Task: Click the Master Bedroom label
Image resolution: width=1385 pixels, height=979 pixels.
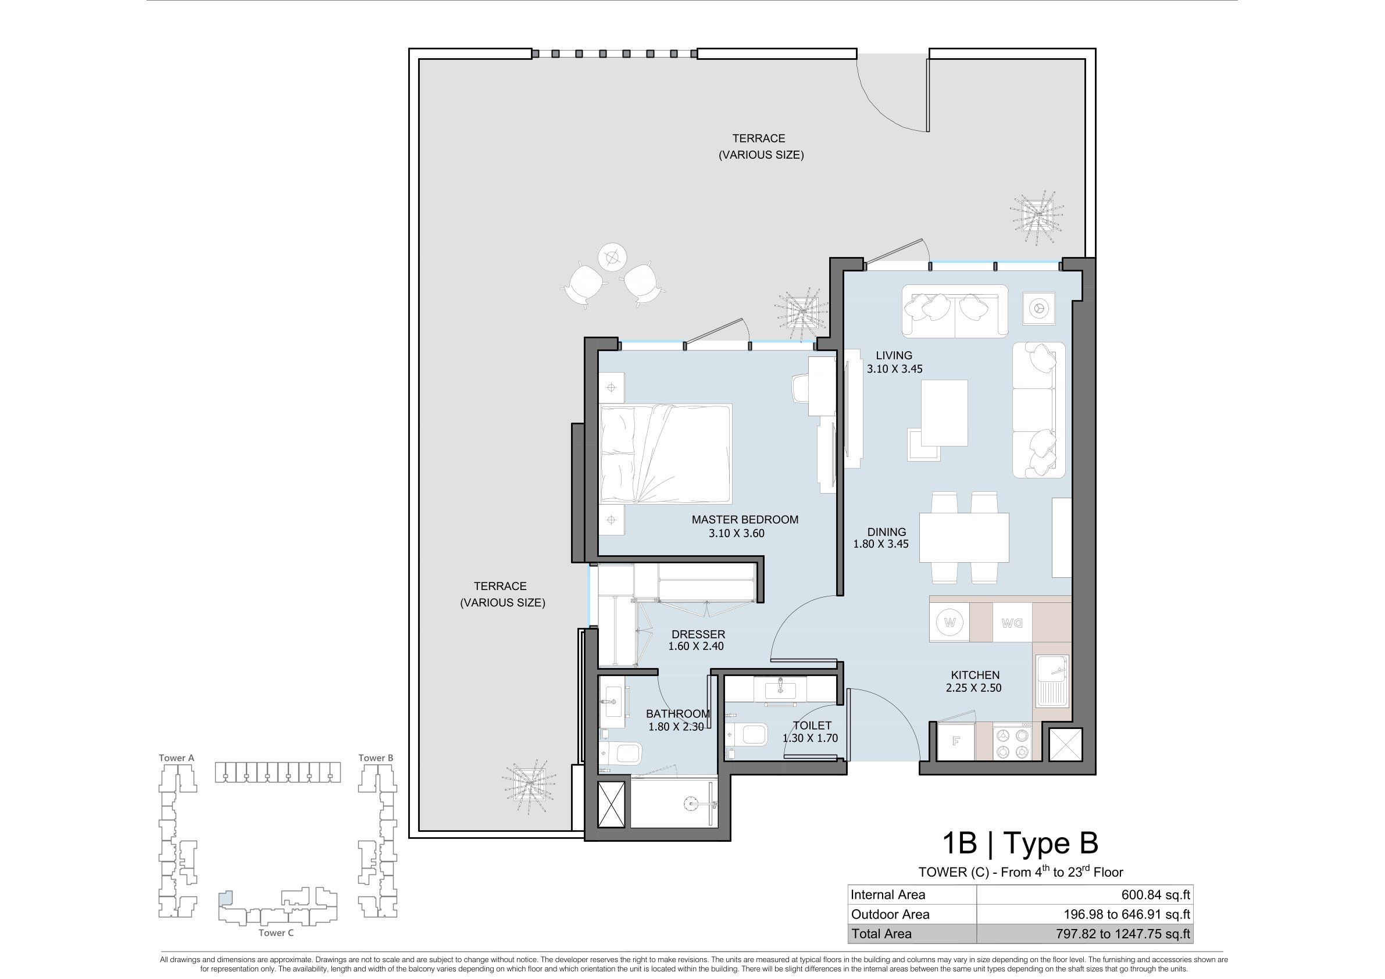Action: coord(745,519)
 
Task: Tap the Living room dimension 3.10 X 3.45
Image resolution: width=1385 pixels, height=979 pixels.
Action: coord(895,369)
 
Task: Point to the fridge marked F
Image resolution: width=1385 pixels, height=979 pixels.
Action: coord(956,741)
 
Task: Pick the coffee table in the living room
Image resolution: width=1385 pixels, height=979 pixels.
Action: coord(945,412)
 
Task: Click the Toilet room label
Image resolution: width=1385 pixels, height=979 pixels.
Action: coord(812,726)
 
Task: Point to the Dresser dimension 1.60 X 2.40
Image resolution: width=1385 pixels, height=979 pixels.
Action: coord(695,646)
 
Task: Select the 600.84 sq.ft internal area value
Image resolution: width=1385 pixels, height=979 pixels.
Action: coord(1156,895)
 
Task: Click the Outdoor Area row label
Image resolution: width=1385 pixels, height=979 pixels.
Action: coord(890,914)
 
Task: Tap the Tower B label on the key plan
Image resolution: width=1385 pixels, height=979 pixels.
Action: coord(376,758)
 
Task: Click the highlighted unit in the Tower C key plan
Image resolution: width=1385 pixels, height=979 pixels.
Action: coord(224,898)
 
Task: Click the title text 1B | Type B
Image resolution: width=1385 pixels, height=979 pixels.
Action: coord(1020,843)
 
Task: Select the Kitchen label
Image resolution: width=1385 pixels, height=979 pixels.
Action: coord(976,675)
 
